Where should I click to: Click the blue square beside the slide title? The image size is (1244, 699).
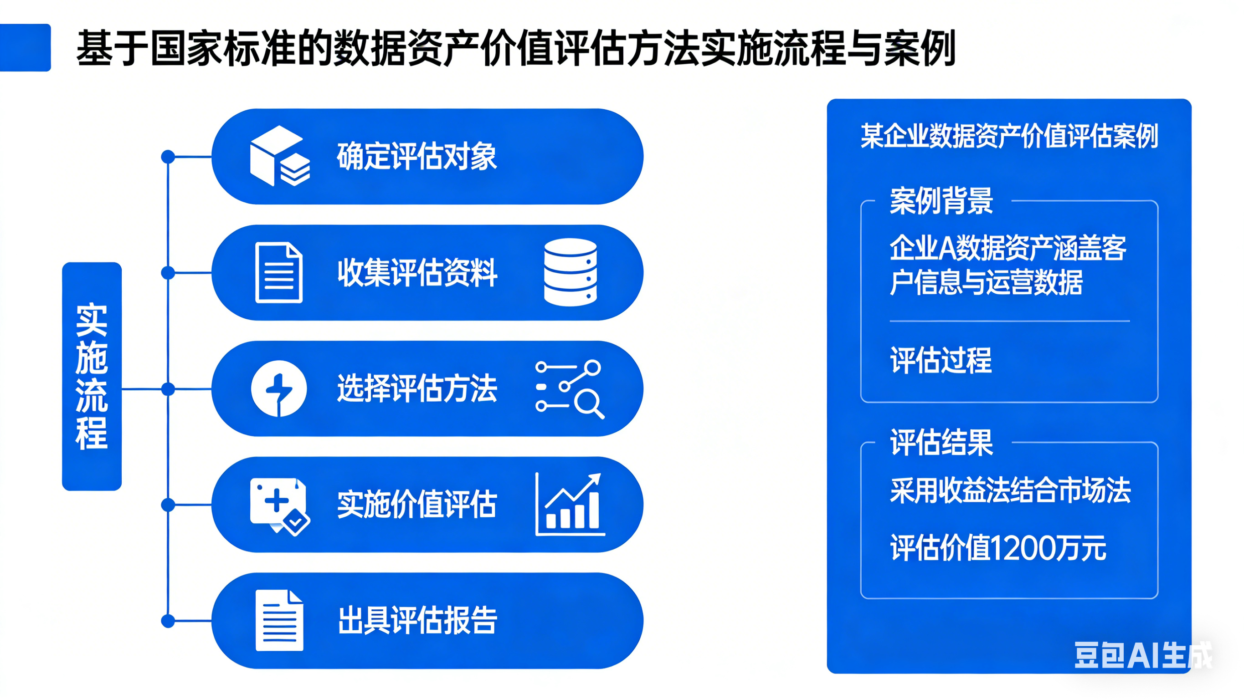point(25,47)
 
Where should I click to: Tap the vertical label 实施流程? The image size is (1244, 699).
point(92,377)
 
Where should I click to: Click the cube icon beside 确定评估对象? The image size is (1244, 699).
point(280,156)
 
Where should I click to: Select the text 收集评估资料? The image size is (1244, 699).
point(417,273)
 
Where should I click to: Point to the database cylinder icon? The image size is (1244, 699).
point(571,272)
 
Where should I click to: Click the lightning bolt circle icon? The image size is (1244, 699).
point(278,388)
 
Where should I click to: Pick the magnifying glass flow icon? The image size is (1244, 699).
point(570,388)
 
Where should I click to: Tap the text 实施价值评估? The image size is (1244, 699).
point(417,505)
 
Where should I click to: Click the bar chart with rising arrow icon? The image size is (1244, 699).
point(571,504)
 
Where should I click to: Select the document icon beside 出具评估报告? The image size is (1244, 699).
point(279,620)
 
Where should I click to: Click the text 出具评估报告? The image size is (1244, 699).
point(417,620)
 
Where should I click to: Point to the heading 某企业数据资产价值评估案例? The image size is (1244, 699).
point(1009,136)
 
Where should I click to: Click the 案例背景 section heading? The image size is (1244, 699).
point(941,201)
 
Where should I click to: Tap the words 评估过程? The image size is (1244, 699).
point(941,360)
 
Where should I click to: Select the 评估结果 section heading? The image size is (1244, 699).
point(941,442)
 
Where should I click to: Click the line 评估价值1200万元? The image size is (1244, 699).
point(998,548)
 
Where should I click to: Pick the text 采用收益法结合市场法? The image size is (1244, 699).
point(1010,490)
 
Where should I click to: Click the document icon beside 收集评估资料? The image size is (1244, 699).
point(278,273)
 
